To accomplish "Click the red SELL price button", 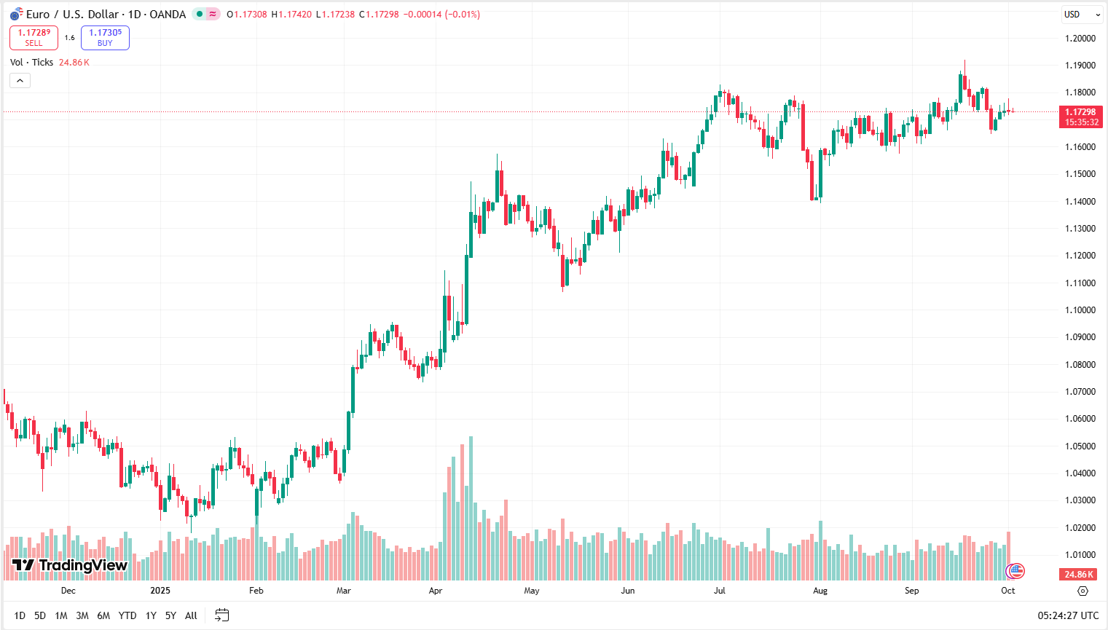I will [x=34, y=37].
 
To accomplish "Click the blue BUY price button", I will [x=105, y=37].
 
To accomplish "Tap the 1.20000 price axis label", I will [x=1080, y=39].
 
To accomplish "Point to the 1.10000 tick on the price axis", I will [x=1080, y=310].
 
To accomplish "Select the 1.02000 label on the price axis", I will [x=1080, y=528].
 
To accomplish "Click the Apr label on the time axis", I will [x=436, y=591].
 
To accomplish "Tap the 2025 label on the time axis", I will [x=160, y=591].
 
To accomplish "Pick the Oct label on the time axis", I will [x=1007, y=591].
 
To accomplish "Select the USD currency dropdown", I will [x=1082, y=15].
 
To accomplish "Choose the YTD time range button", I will [x=127, y=615].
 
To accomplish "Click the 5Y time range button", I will [x=170, y=615].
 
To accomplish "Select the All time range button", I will [x=191, y=615].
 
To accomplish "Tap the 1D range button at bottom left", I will [x=20, y=615].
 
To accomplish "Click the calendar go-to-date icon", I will [x=222, y=615].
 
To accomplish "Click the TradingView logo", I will [x=70, y=565].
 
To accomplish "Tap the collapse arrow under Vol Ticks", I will [x=20, y=81].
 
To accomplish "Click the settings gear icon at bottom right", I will [x=1083, y=591].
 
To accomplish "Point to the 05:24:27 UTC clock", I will [x=1068, y=615].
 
